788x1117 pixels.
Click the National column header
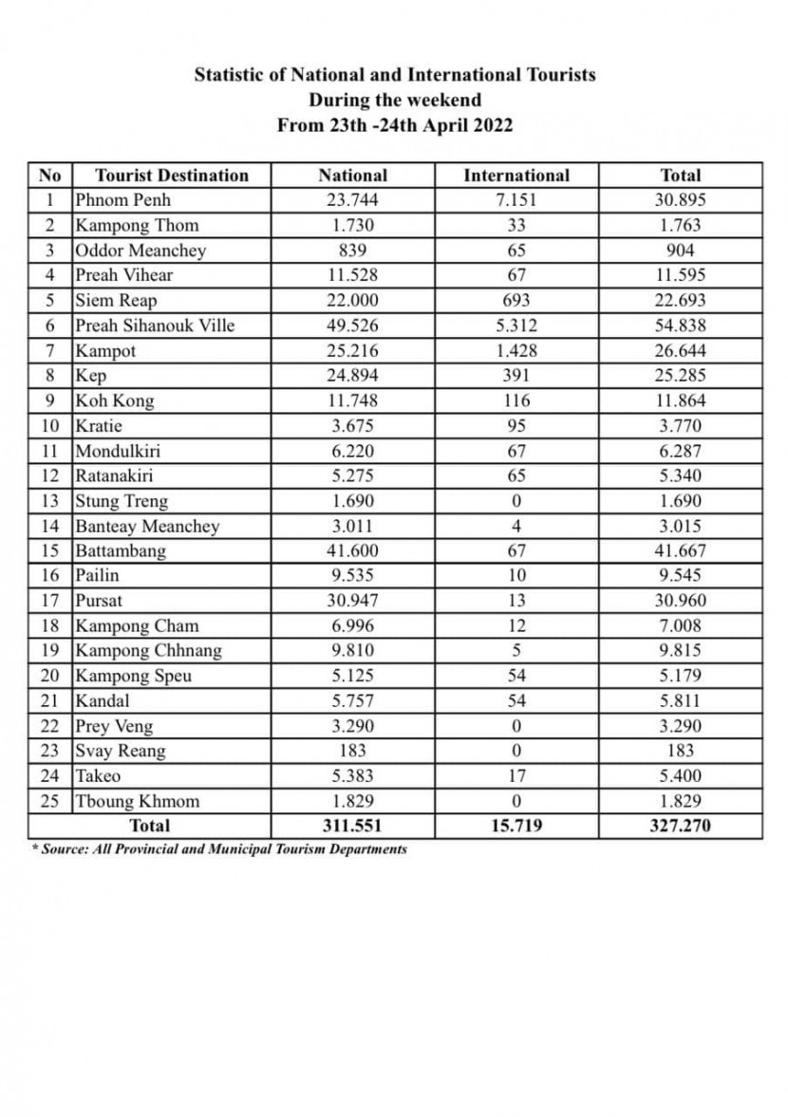tap(352, 176)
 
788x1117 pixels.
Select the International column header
tap(516, 176)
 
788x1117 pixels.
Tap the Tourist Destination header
tap(172, 176)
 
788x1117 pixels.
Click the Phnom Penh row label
tap(122, 200)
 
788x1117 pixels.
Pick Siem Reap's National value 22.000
tap(352, 301)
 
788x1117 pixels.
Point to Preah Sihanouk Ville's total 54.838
tap(680, 326)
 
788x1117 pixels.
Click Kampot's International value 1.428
tap(516, 351)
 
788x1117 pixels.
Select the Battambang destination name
tap(121, 551)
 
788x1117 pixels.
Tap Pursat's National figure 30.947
tap(352, 601)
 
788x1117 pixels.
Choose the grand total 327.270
tap(680, 826)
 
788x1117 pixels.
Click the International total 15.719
tap(516, 826)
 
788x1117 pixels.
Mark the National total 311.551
tap(352, 826)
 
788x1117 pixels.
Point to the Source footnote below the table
tap(219, 848)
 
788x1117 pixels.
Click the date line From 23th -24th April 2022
tap(395, 125)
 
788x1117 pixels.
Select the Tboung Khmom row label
tap(138, 801)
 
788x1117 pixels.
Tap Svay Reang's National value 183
tap(352, 751)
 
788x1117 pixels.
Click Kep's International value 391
tap(516, 376)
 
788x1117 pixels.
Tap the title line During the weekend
tap(395, 100)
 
